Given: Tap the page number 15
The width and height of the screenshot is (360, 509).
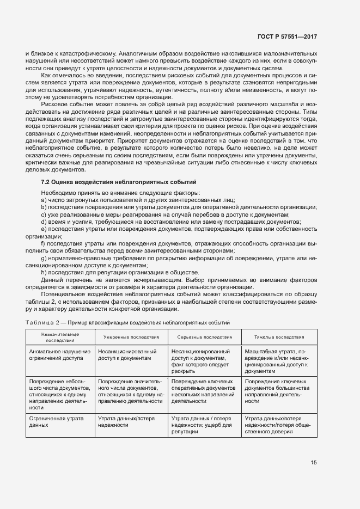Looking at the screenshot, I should point(313,463).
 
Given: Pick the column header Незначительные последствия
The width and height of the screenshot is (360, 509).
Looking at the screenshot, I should point(60,337).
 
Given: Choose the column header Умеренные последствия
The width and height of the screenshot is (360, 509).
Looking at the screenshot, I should point(131,337).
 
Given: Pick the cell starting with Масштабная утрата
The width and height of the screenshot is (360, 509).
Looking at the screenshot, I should point(278,361).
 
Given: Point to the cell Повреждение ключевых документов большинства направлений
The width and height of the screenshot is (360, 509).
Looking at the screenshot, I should point(278,391).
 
